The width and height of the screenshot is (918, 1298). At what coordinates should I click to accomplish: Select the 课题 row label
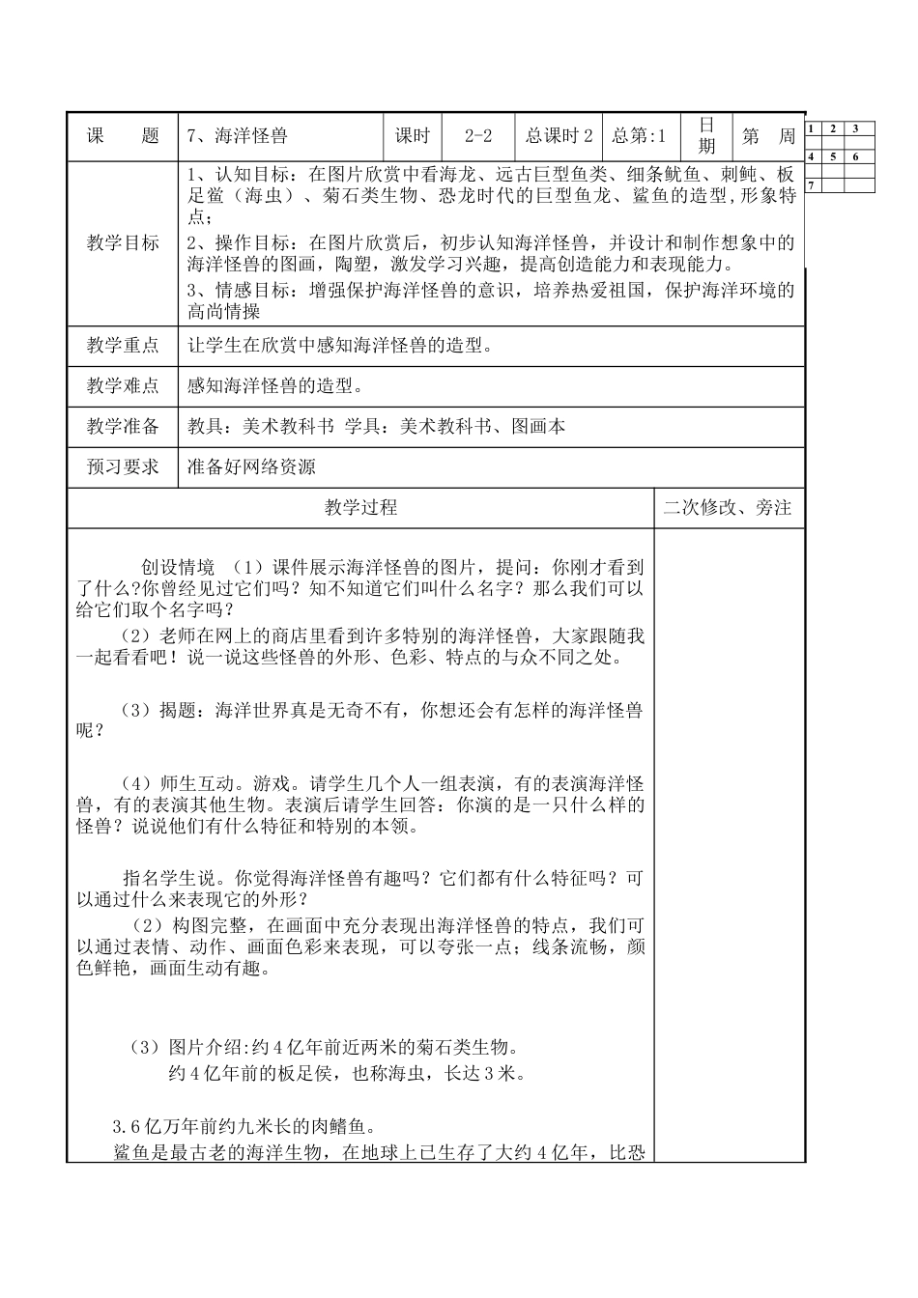coord(123,136)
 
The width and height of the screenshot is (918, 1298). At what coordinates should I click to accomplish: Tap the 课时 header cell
coord(413,136)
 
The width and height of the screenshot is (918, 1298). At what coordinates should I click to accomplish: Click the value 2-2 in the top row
coord(478,136)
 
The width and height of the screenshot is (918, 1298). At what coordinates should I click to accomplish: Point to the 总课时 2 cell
coord(559,136)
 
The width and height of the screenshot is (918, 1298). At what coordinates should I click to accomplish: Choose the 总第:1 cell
coord(640,136)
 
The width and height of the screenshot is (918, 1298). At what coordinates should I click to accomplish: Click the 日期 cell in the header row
coord(707,136)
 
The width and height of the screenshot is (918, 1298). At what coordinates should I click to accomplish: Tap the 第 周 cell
coord(768,136)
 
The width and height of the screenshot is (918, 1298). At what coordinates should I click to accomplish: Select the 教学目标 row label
coord(123,243)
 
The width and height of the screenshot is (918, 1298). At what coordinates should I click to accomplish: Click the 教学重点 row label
coord(123,345)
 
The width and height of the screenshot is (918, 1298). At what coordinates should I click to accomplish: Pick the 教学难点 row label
coord(123,386)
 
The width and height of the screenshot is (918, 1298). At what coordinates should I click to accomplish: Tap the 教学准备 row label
coord(123,426)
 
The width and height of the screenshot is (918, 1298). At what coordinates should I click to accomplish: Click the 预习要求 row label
coord(123,467)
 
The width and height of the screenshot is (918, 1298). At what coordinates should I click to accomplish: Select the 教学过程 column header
coord(360,508)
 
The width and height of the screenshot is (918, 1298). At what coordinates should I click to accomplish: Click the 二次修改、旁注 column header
coord(728,508)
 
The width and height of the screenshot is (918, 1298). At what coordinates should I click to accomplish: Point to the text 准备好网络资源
coord(251,467)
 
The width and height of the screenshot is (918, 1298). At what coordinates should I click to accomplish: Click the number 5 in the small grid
coord(834,156)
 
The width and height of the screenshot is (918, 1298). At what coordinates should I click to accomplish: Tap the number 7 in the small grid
coord(811,183)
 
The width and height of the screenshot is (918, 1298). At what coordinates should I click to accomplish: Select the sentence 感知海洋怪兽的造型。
coord(275,386)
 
